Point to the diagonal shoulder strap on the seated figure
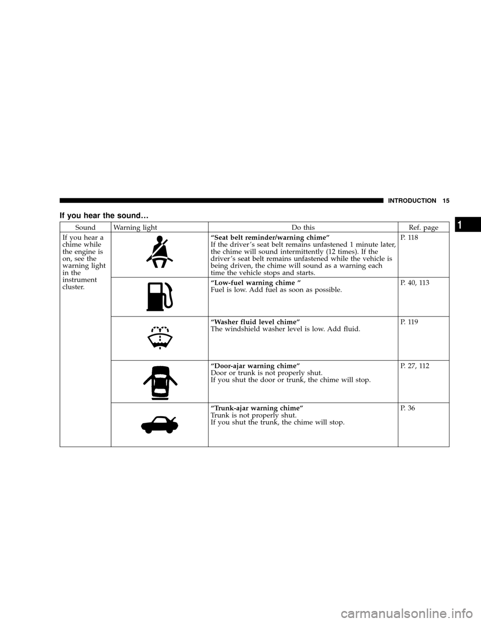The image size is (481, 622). pyautogui.click(x=160, y=250)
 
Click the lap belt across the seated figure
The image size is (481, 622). pyautogui.click(x=159, y=258)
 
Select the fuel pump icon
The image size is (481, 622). pyautogui.click(x=159, y=296)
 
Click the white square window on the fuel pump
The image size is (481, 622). pyautogui.click(x=155, y=289)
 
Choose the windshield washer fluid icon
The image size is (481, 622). pyautogui.click(x=159, y=338)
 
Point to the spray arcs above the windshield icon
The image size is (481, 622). pyautogui.click(x=159, y=330)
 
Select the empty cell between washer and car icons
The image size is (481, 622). pyautogui.click(x=159, y=381)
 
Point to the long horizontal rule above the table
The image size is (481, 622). pyautogui.click(x=220, y=202)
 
